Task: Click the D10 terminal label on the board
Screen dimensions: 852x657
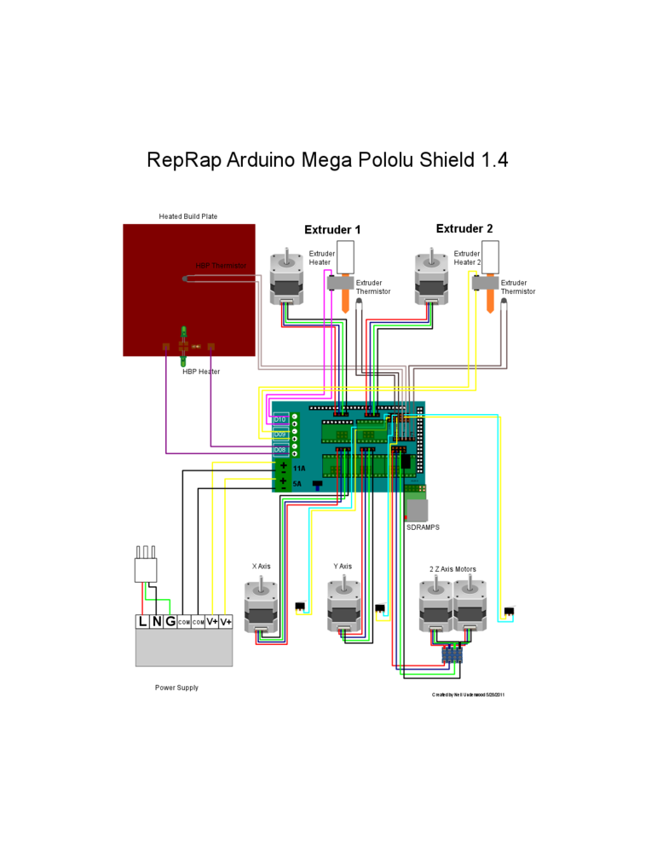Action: coord(280,419)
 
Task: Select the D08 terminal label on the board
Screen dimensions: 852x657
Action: coord(280,449)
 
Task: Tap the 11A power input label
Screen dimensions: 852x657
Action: coord(299,469)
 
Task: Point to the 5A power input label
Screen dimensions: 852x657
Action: coord(297,484)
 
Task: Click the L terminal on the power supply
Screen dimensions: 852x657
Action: coord(142,622)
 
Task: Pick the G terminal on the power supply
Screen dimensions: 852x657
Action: coord(170,622)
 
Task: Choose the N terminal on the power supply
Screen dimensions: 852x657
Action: coord(156,622)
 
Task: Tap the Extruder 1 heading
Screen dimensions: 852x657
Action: coord(332,230)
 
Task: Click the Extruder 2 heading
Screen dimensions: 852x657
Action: coord(464,228)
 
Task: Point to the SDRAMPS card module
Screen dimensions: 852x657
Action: coord(417,509)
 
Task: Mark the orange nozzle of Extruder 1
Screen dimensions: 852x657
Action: coord(346,302)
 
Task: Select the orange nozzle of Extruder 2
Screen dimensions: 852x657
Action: coord(491,302)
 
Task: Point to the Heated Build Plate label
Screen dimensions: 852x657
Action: coord(187,216)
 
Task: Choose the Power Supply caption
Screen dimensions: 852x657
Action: coord(176,688)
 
